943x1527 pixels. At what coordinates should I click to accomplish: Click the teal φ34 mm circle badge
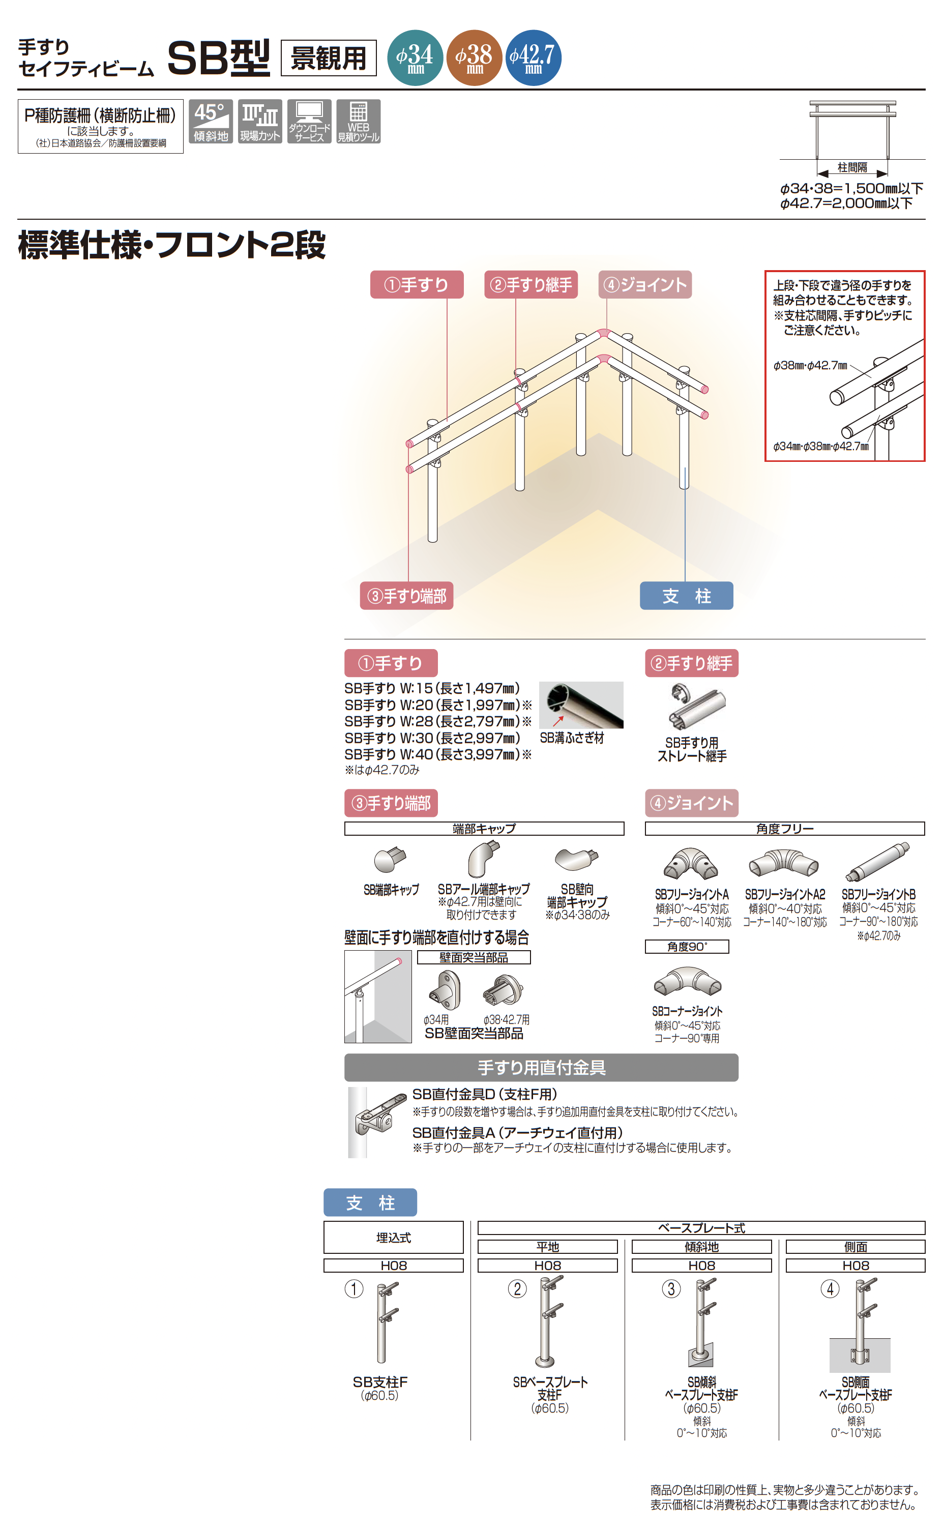pyautogui.click(x=416, y=57)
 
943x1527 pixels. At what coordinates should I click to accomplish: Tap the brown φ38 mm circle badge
pyautogui.click(x=474, y=57)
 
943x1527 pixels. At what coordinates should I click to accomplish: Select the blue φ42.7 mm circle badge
pyautogui.click(x=533, y=57)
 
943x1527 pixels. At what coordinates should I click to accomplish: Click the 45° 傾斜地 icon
pyautogui.click(x=211, y=122)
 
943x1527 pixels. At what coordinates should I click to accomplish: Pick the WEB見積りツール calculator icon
pyautogui.click(x=359, y=122)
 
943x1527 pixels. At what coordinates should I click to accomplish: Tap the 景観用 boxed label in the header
pyautogui.click(x=329, y=58)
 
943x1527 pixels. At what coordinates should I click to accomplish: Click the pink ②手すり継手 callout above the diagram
pyautogui.click(x=531, y=284)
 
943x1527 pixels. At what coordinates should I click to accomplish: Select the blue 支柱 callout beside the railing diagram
pyautogui.click(x=686, y=596)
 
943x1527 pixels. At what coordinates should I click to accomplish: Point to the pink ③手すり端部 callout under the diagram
pyautogui.click(x=406, y=596)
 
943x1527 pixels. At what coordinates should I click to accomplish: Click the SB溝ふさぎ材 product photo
pyautogui.click(x=581, y=704)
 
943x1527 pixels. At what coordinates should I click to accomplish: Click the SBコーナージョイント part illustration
pyautogui.click(x=687, y=982)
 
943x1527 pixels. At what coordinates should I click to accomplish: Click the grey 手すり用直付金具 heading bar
pyautogui.click(x=541, y=1068)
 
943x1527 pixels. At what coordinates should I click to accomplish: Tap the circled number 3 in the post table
pyautogui.click(x=671, y=1289)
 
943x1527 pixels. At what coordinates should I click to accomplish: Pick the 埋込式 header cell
pyautogui.click(x=394, y=1238)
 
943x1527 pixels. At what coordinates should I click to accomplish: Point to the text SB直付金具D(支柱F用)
pyautogui.click(x=485, y=1094)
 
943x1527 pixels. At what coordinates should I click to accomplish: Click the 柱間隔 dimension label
pyautogui.click(x=852, y=167)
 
